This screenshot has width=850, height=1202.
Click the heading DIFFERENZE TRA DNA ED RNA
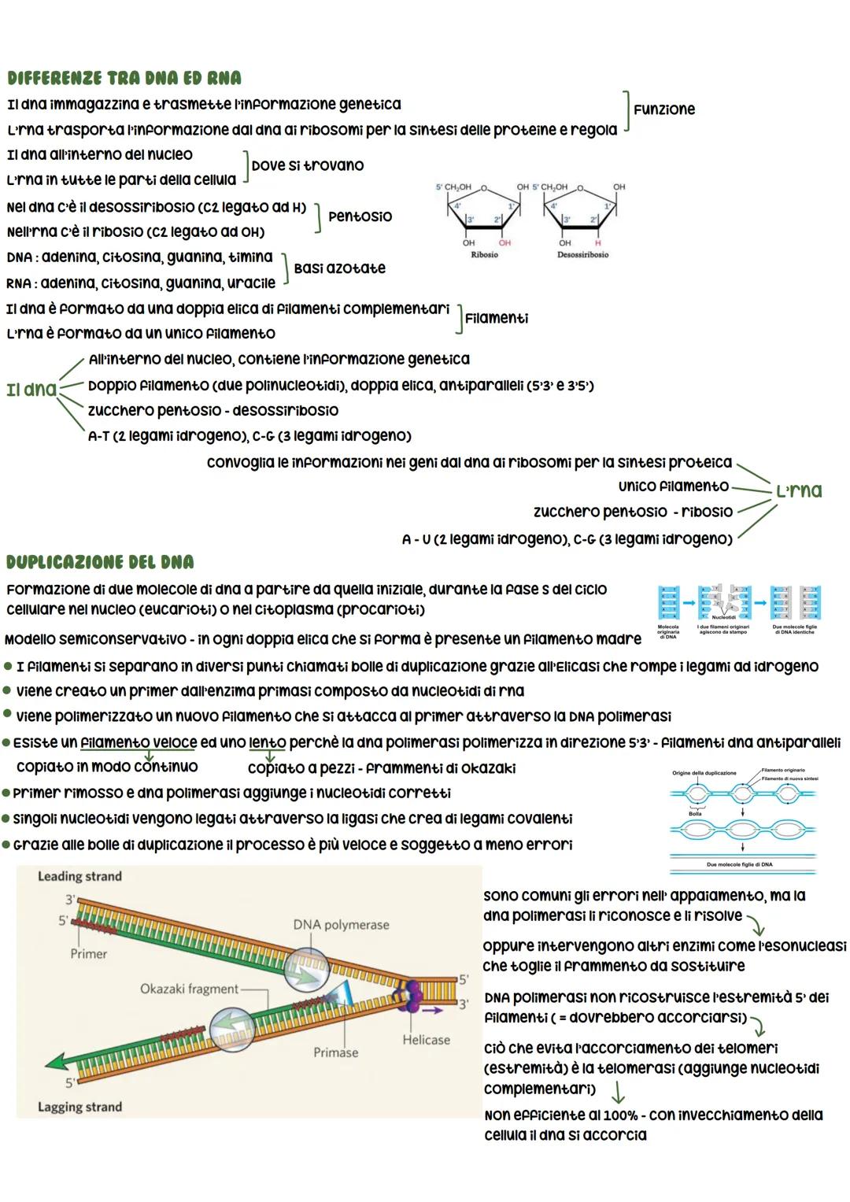[x=124, y=78]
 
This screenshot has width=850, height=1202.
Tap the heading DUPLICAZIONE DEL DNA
[x=99, y=562]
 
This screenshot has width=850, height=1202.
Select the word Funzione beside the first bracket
[x=664, y=109]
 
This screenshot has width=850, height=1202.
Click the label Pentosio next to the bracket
[x=360, y=216]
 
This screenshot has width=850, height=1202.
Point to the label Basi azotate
[x=339, y=268]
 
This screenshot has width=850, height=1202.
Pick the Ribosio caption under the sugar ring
[x=484, y=255]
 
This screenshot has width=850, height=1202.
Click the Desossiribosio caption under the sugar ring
[x=582, y=255]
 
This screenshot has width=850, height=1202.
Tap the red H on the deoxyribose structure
[x=597, y=242]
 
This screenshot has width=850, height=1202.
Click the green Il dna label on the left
[x=31, y=389]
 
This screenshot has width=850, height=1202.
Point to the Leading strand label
[x=79, y=876]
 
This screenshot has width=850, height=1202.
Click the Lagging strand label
[x=79, y=1107]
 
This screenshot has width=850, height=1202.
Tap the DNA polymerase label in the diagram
[x=341, y=925]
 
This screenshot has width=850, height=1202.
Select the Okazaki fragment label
[x=189, y=989]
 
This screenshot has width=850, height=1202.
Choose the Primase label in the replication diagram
[x=335, y=1052]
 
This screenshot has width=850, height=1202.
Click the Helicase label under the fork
[x=426, y=1040]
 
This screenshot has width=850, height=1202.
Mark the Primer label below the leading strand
[x=88, y=954]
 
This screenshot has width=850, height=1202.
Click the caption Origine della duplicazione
[x=704, y=773]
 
